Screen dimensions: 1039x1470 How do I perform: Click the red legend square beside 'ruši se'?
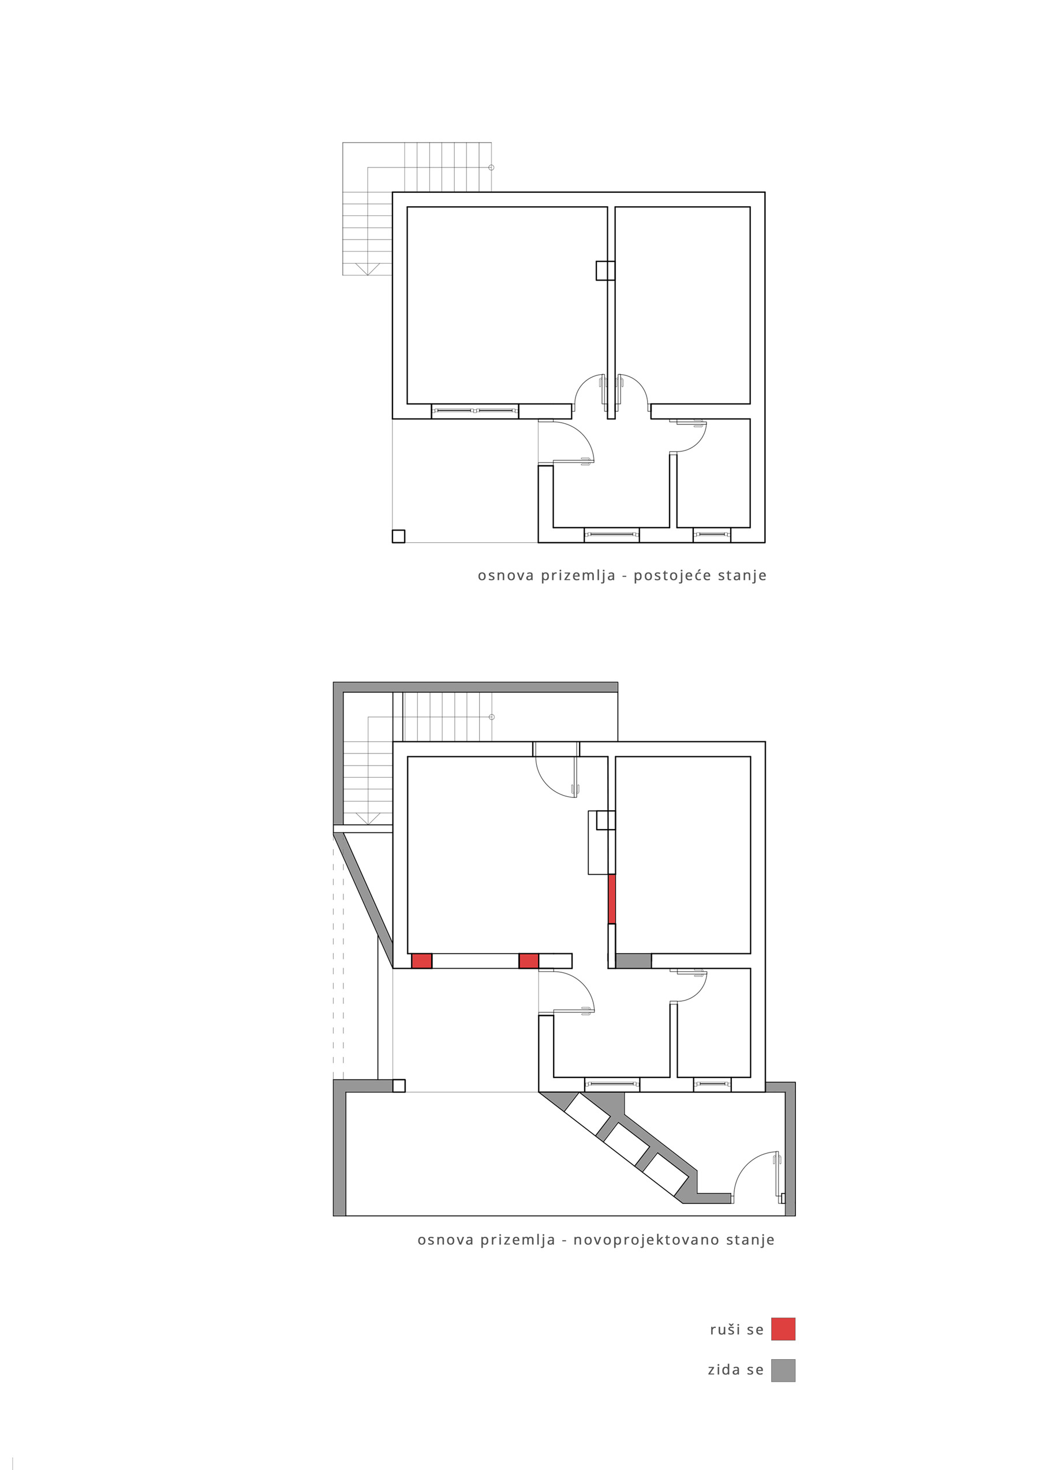tap(783, 1329)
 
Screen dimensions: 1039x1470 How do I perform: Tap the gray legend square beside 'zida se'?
tap(783, 1371)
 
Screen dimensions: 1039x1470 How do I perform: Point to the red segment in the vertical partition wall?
tap(611, 899)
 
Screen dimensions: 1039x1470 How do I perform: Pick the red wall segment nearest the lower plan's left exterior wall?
tap(421, 960)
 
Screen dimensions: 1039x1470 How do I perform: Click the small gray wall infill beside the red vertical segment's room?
tap(633, 960)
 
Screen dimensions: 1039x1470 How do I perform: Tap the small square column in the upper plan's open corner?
tap(398, 536)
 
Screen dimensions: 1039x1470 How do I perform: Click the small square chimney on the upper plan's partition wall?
tap(605, 270)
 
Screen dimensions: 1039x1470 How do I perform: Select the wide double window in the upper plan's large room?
tap(475, 410)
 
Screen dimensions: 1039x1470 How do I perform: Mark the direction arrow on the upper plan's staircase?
tap(368, 269)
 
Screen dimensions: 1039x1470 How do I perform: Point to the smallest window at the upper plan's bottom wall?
tap(712, 533)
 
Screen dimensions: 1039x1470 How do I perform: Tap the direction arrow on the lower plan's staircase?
tap(368, 818)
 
